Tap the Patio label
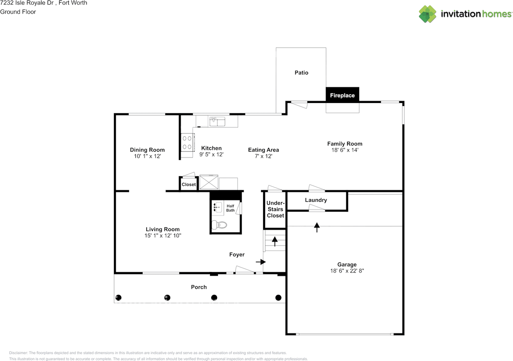tap(301, 73)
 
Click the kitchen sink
tap(217, 121)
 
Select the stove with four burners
tap(188, 142)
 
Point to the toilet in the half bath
tap(219, 225)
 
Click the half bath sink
tap(217, 207)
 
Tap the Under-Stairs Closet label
tap(275, 209)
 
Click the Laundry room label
tap(316, 200)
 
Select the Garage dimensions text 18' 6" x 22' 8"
tap(347, 271)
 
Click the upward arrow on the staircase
tap(275, 241)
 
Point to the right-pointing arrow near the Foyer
tap(261, 262)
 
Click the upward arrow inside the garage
tap(317, 227)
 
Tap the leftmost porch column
tap(118, 298)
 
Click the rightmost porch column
tap(278, 298)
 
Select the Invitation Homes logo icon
tap(428, 14)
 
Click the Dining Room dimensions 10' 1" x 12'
tap(147, 156)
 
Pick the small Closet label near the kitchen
tap(189, 184)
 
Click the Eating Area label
tap(263, 150)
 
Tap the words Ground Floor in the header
tap(18, 12)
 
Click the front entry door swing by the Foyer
tap(244, 270)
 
